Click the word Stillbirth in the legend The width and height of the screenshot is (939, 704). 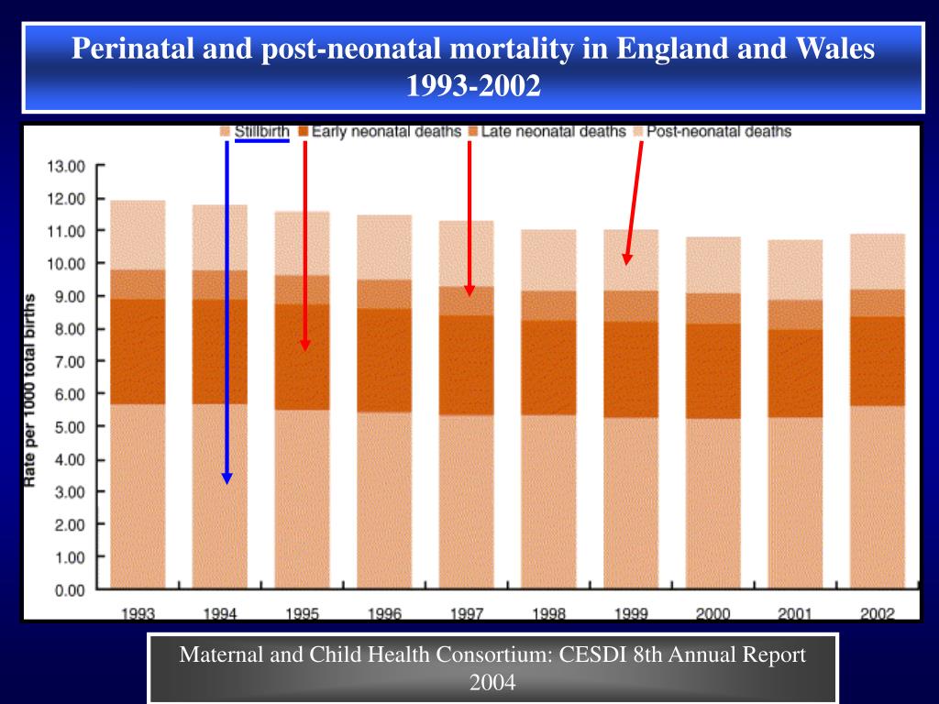point(261,131)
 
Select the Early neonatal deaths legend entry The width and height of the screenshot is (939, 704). point(385,131)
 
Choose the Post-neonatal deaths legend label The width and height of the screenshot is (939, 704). point(718,131)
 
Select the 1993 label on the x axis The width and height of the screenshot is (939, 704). point(138,613)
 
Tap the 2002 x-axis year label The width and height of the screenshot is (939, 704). point(878,613)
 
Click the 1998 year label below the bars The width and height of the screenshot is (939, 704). point(548,613)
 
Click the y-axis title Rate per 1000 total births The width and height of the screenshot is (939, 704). point(31,389)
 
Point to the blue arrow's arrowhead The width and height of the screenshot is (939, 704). point(226,478)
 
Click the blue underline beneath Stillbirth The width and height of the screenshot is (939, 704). point(261,141)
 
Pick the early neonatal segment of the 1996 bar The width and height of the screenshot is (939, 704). point(384,359)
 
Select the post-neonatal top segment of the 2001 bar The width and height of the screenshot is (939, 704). point(795,269)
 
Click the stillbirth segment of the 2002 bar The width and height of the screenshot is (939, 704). point(878,495)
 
